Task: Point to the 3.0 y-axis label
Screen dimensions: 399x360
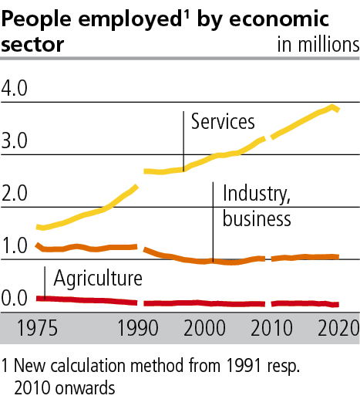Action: point(15,141)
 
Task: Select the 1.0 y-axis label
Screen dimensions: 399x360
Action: point(15,246)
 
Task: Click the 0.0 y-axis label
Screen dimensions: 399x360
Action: point(15,299)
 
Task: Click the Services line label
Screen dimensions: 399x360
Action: point(223,121)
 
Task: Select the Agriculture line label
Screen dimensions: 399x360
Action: point(97,277)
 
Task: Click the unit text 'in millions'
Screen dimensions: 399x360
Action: point(318,43)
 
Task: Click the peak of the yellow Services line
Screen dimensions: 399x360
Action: point(333,107)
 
